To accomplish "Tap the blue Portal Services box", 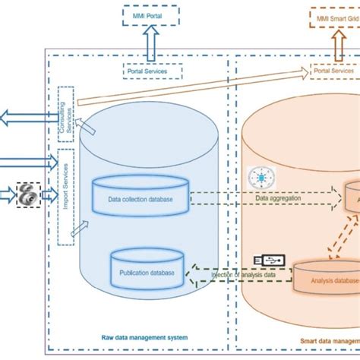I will pyautogui.click(x=153, y=71).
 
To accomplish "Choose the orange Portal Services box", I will pyautogui.click(x=335, y=71).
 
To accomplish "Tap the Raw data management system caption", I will pyautogui.click(x=144, y=336).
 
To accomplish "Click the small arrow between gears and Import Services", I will pyautogui.click(x=49, y=194).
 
